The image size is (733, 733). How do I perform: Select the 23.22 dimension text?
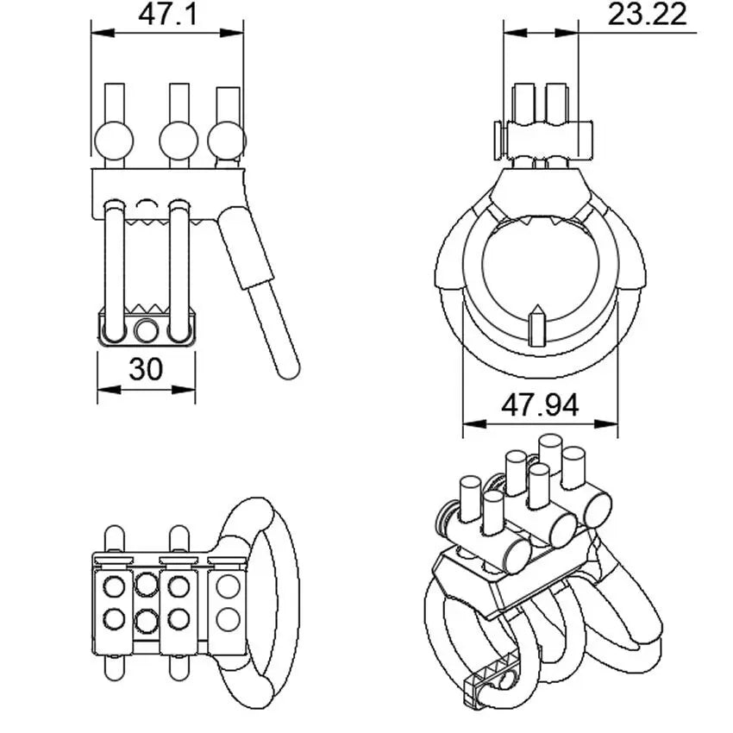coord(647,15)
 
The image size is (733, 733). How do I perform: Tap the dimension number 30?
coord(146,369)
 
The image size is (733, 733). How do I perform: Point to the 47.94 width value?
coord(541,404)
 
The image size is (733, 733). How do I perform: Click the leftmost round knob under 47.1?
coord(114,139)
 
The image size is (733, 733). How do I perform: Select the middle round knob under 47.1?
coord(179,139)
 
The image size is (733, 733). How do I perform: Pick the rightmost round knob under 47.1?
coord(227,138)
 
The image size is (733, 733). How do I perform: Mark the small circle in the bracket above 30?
coord(147,329)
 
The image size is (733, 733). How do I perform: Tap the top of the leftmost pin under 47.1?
coord(114,87)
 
